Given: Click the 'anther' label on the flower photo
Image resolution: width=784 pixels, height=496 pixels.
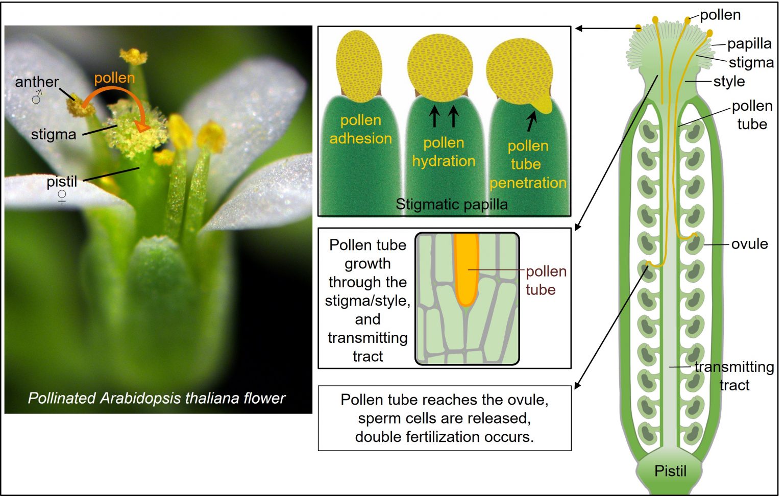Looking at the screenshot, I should [37, 82].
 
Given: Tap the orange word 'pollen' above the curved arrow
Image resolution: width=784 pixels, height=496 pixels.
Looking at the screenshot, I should [114, 78].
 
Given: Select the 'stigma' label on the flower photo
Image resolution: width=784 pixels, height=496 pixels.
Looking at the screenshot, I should [53, 134].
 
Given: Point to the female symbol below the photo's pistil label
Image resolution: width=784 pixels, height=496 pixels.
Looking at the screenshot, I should [62, 197].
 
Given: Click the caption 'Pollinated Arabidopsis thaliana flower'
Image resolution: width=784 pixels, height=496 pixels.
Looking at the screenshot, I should [156, 398].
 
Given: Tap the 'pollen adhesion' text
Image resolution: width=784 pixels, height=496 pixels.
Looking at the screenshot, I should [360, 129].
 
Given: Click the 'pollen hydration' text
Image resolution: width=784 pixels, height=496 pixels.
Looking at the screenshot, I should [444, 152].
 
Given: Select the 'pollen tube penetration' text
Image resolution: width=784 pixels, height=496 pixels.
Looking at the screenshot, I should [528, 164].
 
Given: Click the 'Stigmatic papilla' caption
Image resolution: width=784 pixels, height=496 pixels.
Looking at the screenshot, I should [451, 205].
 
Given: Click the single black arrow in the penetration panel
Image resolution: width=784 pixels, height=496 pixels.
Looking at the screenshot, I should [532, 121].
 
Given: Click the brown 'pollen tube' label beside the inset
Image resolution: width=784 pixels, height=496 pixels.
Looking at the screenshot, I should [545, 280].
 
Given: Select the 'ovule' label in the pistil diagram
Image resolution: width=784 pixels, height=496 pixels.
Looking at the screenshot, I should [749, 244].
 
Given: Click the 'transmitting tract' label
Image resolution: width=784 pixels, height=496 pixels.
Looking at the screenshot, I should [734, 376].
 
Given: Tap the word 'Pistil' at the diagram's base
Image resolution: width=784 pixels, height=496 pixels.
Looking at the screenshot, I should [670, 470].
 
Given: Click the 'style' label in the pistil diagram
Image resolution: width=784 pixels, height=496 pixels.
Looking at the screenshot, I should [729, 81].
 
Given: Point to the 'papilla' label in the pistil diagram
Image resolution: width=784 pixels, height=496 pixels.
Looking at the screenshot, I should [749, 44].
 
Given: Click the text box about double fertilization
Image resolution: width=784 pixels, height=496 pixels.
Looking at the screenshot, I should [444, 418].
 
